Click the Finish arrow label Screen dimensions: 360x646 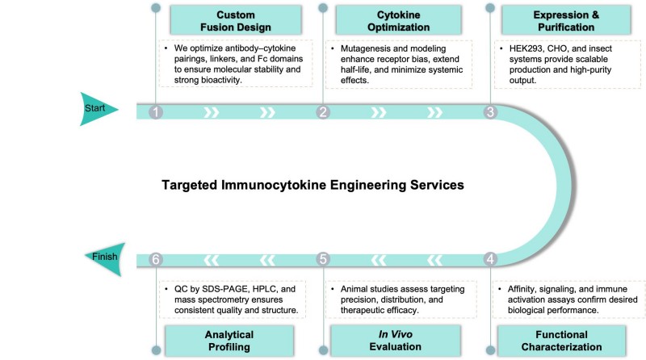pyautogui.click(x=106, y=257)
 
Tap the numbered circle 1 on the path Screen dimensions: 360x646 pyautogui.click(x=156, y=113)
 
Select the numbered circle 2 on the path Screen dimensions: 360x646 pyautogui.click(x=323, y=113)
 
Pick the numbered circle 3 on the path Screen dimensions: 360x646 pyautogui.click(x=490, y=113)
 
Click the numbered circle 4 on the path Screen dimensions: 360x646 pyautogui.click(x=490, y=259)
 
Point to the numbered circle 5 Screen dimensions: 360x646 pyautogui.click(x=323, y=259)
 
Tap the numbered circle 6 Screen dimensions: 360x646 pyautogui.click(x=156, y=259)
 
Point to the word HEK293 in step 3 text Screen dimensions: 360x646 pyautogui.click(x=525, y=48)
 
